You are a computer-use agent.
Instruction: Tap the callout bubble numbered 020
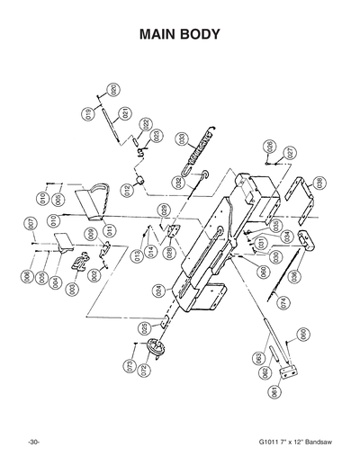click(112, 89)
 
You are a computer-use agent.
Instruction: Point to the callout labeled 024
click(159, 291)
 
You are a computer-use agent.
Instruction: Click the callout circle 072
click(143, 370)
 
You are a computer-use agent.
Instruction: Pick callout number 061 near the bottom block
click(274, 391)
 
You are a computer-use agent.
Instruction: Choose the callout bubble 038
click(320, 183)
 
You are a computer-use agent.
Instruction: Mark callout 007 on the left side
click(30, 223)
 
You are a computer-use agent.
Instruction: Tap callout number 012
click(128, 190)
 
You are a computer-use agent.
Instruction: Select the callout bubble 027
click(291, 154)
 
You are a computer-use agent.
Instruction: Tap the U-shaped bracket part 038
click(300, 193)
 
